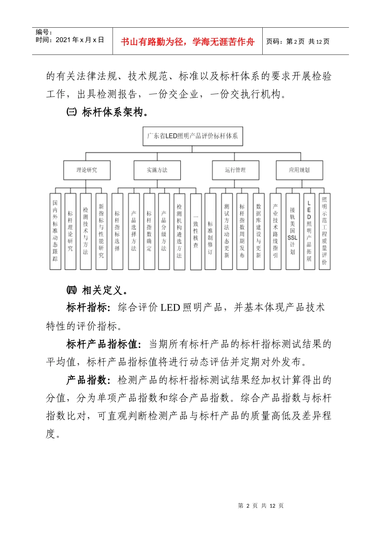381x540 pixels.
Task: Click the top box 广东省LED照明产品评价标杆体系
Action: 193,136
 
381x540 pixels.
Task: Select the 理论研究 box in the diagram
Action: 87,170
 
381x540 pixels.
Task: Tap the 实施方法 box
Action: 157,170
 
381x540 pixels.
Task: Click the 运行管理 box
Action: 235,170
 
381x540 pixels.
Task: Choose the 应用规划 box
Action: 299,170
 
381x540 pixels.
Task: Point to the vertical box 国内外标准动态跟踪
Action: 55,231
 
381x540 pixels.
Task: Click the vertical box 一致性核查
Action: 196,231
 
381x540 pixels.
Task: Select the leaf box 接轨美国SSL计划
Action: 292,231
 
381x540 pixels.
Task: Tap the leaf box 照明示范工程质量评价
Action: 324,231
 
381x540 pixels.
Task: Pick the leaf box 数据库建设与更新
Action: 259,231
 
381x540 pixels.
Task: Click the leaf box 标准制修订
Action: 210,231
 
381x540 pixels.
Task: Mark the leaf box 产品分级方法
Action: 164,231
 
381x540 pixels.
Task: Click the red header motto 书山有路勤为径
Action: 187,42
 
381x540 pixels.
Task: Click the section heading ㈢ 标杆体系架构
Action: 107,112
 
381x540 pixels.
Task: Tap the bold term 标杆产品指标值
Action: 103,344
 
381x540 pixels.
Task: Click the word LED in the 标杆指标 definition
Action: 170,308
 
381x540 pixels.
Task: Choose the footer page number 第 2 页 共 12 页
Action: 261,505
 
